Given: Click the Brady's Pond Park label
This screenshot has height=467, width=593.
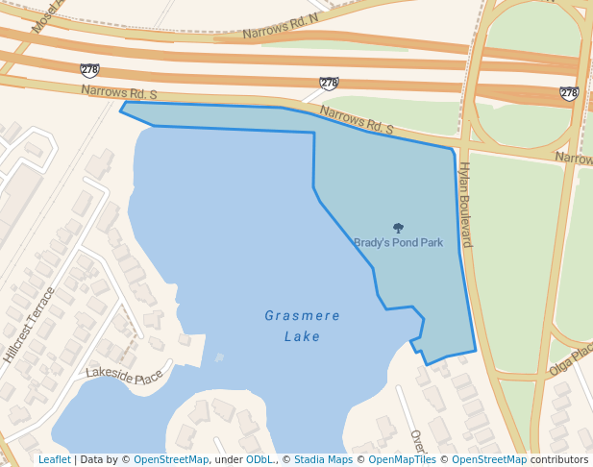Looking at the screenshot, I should click(x=398, y=243).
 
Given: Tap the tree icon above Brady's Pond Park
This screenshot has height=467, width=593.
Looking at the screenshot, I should click(x=399, y=229).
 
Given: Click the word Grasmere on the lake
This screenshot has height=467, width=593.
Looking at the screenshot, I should click(x=302, y=315).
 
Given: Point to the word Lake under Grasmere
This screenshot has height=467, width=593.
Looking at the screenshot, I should click(x=302, y=336).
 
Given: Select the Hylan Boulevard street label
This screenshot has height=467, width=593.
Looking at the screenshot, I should click(x=464, y=204).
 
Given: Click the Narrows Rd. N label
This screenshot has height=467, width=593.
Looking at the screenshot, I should click(x=280, y=27).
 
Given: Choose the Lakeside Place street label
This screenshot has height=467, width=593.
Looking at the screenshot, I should click(x=125, y=374).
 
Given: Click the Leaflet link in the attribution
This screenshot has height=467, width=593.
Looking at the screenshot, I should click(x=54, y=460).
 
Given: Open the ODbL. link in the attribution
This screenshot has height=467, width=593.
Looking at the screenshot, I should click(x=259, y=460).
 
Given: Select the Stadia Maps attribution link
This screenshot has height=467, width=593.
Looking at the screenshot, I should click(x=323, y=460).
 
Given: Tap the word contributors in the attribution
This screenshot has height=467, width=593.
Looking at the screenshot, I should click(x=558, y=460).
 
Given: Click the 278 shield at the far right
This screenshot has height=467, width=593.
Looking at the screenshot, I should click(x=569, y=93).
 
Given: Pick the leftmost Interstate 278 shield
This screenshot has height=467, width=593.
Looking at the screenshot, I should click(x=89, y=70).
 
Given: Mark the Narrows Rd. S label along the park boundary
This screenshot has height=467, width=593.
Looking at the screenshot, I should click(x=357, y=120).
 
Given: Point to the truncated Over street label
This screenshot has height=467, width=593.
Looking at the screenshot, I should click(x=417, y=442).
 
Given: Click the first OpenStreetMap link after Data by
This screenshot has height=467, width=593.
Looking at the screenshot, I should click(x=171, y=460).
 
